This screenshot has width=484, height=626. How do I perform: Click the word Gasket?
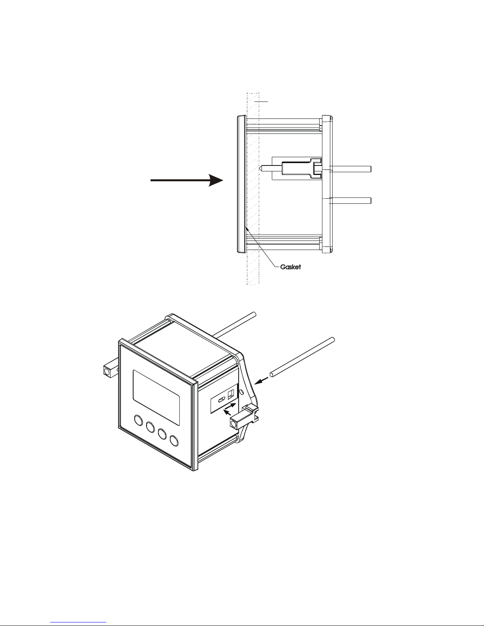point(290,267)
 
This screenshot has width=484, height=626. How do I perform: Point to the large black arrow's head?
point(216,180)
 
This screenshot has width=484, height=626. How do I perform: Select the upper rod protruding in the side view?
point(350,169)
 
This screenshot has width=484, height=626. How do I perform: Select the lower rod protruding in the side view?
point(350,201)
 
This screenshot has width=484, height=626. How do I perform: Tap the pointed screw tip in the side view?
point(262,169)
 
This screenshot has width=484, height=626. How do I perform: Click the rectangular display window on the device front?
point(156,398)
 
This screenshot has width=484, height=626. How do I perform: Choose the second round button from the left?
point(151,427)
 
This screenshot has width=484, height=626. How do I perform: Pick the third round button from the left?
point(162,434)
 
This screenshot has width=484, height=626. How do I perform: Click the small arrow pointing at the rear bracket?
point(262,381)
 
